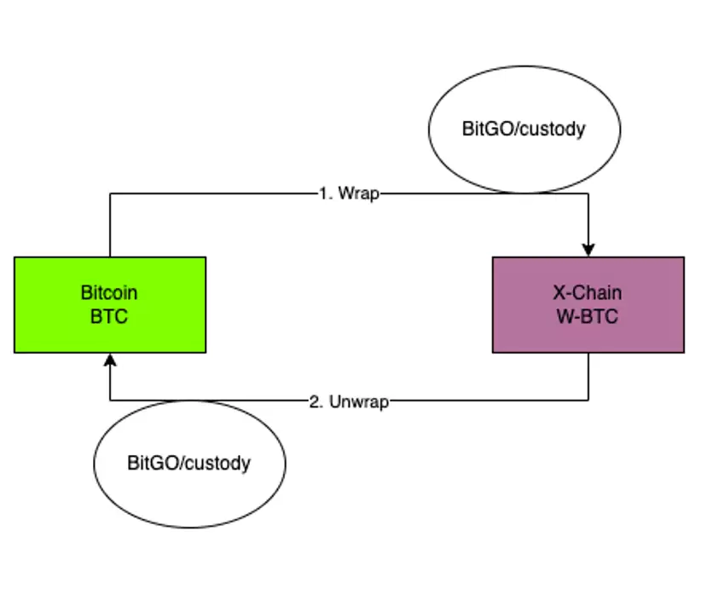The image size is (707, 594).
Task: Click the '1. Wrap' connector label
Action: [349, 193]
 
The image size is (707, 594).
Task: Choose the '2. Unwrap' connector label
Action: [349, 401]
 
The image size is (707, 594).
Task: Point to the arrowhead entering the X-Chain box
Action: [588, 250]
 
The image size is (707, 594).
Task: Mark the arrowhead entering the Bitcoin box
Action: [109, 360]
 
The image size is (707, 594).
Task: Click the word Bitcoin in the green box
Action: [109, 293]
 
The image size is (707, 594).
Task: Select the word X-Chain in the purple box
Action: [588, 293]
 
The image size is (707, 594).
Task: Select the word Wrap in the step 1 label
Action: [358, 193]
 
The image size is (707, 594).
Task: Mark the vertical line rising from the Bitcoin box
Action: [109, 226]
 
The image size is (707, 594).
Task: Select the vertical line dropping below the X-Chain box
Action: [588, 377]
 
